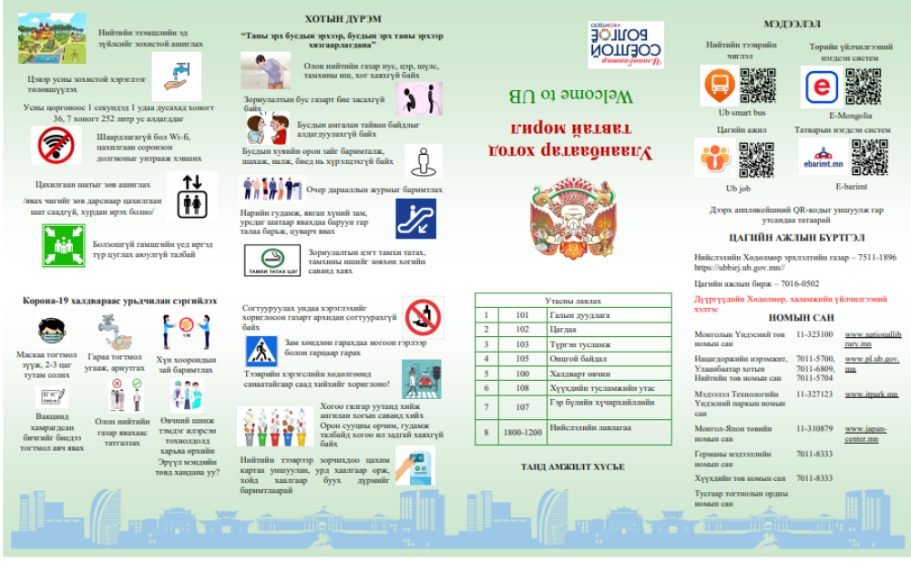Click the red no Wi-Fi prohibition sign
point(56,143)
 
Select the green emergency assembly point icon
point(63,244)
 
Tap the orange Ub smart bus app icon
point(718,87)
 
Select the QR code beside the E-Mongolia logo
point(863,86)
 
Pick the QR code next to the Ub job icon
point(755,159)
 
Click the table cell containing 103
point(521,344)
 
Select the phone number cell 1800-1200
point(521,431)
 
